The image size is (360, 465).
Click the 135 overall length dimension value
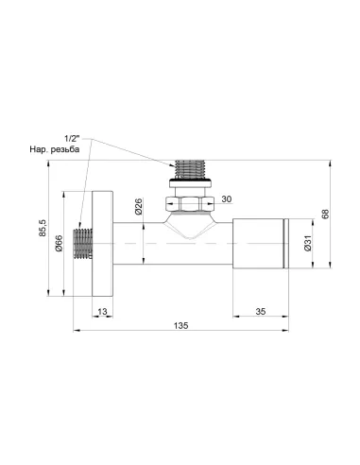point(181,325)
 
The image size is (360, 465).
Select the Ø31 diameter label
point(307,247)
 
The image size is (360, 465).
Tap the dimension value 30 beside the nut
point(226,198)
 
